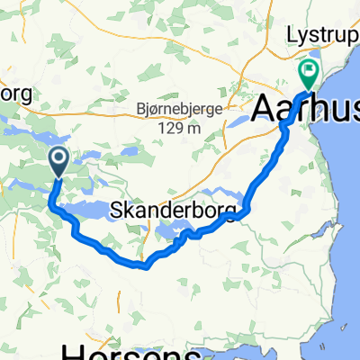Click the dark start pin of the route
[x=59, y=161]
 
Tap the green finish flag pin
[x=310, y=69]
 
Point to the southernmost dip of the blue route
[x=143, y=265]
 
